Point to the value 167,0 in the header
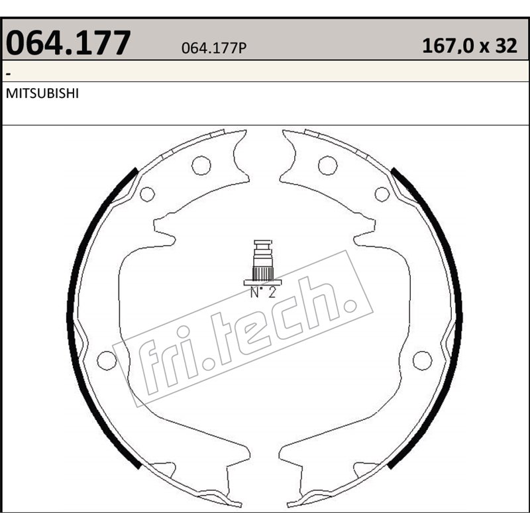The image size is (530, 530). [x=447, y=46]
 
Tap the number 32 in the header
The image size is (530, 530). [x=505, y=46]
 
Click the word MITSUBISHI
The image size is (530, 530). [x=42, y=94]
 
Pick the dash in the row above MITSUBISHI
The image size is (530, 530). [x=8, y=72]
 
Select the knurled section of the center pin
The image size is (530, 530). [x=263, y=271]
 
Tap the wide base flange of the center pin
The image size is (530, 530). [x=263, y=282]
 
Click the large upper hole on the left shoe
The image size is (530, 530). [x=201, y=165]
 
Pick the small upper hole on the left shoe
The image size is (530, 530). [x=147, y=194]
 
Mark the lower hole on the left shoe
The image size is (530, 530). [x=106, y=360]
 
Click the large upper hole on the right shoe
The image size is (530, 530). [x=327, y=165]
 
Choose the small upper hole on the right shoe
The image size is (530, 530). [x=382, y=194]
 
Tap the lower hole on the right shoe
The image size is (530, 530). [x=422, y=360]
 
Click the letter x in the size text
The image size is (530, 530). [x=484, y=48]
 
